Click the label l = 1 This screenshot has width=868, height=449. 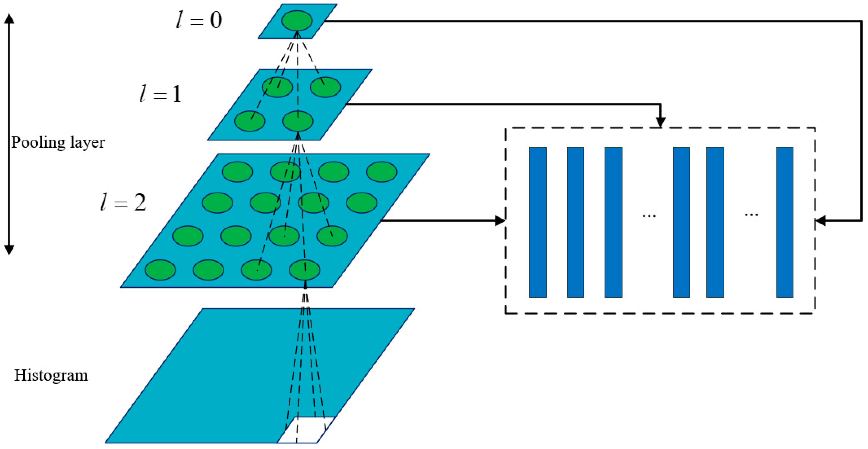[x=161, y=94]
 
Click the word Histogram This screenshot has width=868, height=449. [x=51, y=375]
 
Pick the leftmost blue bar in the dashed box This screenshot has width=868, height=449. [x=537, y=222]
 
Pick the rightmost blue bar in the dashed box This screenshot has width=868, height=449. [x=784, y=222]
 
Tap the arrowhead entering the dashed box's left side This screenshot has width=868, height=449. [x=500, y=221]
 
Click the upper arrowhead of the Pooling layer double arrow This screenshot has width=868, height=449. [x=9, y=18]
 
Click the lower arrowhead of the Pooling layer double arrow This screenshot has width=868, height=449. [x=9, y=250]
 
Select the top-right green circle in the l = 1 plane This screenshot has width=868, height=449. [x=325, y=87]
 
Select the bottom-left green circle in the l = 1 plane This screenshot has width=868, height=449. [x=249, y=121]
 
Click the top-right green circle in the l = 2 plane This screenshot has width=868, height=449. [x=381, y=172]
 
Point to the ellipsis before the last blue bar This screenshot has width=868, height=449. [x=751, y=214]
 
